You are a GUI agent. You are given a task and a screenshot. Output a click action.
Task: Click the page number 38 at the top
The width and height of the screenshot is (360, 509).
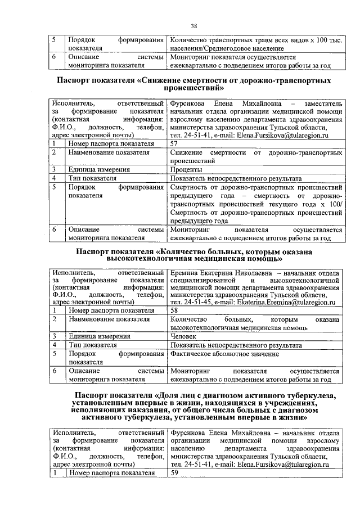point(193,26)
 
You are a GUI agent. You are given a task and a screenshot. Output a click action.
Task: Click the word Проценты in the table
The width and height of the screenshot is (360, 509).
point(186,169)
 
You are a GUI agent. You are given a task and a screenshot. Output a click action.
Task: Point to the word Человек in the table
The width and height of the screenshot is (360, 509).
point(184,335)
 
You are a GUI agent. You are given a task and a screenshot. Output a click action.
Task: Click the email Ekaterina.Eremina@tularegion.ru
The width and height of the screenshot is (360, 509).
point(282,301)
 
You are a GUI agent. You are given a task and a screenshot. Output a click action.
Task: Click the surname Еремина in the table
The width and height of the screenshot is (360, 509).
point(185,272)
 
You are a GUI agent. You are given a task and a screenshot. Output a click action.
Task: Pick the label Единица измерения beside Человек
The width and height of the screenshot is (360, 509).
point(99,335)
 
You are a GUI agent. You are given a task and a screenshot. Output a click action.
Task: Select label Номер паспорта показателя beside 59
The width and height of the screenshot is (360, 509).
point(111,473)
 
